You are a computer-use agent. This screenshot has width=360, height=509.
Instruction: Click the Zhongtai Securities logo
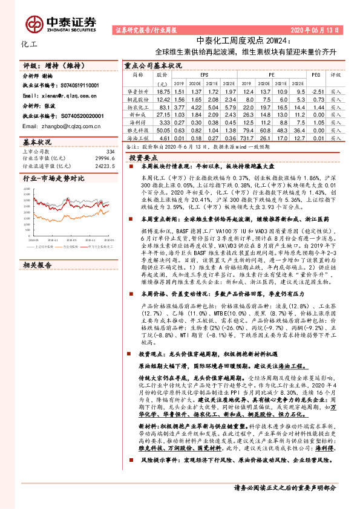[61, 24]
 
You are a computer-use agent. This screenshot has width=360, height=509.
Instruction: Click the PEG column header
[315, 74]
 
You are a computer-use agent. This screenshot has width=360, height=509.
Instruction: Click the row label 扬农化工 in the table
[137, 106]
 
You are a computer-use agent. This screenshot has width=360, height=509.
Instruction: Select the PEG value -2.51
[315, 90]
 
